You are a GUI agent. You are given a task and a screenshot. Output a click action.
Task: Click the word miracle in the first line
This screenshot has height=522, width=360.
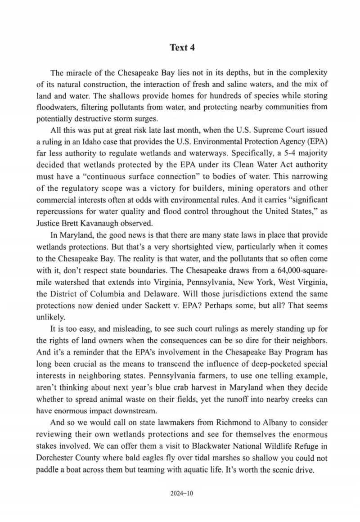coord(80,72)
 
